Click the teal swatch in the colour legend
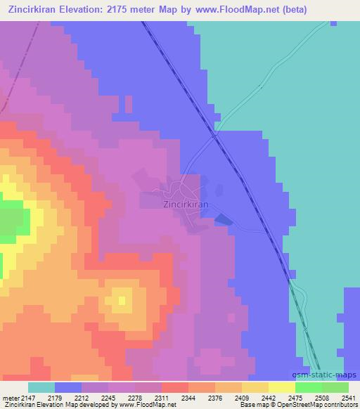pos(41,387)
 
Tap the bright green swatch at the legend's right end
pos(335,387)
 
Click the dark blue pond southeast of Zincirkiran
pos(223,220)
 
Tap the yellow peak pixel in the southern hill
pos(122,301)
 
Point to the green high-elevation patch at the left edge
pos(14,220)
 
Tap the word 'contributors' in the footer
pos(340,405)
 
